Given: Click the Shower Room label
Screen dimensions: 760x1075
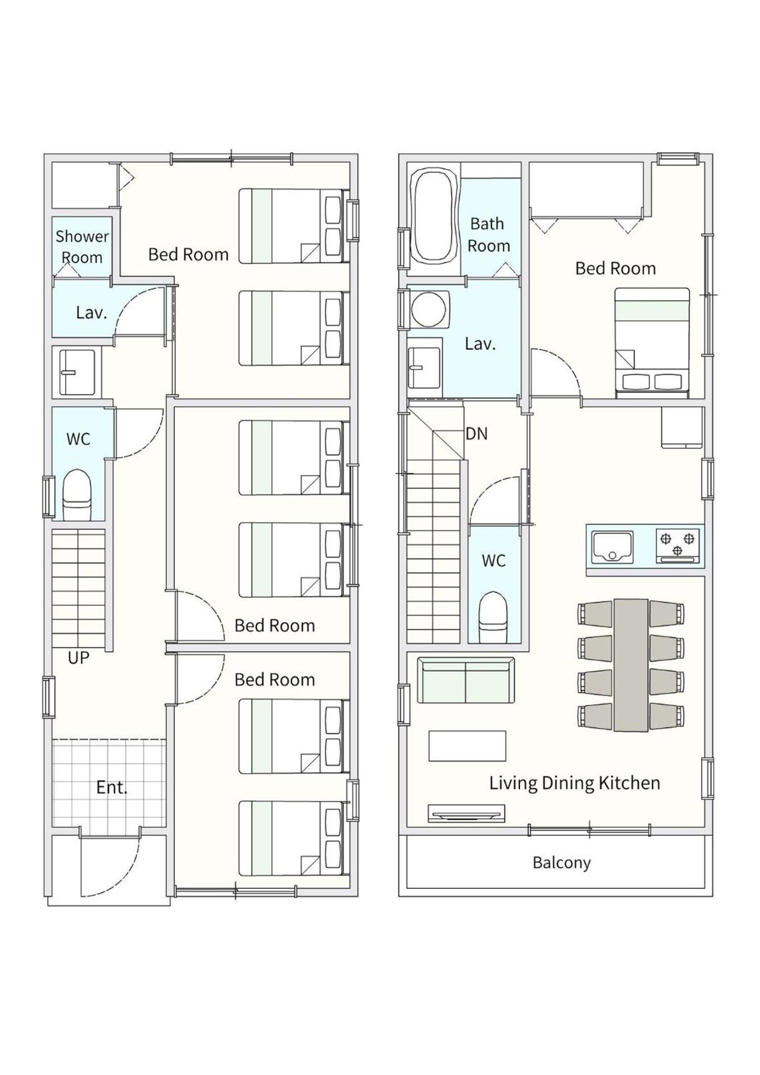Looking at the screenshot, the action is pyautogui.click(x=82, y=247).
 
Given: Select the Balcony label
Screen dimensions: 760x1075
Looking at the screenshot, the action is pyautogui.click(x=562, y=863).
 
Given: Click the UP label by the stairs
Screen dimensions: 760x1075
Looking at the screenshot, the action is pyautogui.click(x=79, y=657).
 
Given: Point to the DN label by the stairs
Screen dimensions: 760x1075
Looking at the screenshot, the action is pyautogui.click(x=477, y=434).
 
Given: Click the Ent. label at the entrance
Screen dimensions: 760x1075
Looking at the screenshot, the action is pyautogui.click(x=112, y=787).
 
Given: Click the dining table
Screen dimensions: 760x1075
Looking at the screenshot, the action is pyautogui.click(x=631, y=665).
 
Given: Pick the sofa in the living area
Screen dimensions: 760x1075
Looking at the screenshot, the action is pyautogui.click(x=466, y=680).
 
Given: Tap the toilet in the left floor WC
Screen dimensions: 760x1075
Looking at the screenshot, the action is pyautogui.click(x=77, y=495).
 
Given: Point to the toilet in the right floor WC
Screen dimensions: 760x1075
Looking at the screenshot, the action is pyautogui.click(x=494, y=618).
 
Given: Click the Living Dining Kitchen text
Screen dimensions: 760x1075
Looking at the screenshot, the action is pyautogui.click(x=575, y=783).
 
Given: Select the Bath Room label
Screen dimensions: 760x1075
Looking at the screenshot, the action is pyautogui.click(x=488, y=235).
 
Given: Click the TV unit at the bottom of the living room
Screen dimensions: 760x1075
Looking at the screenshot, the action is pyautogui.click(x=467, y=813).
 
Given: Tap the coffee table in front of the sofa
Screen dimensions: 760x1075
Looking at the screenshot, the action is pyautogui.click(x=468, y=746).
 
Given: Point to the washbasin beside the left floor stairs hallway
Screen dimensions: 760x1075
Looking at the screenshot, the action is pyautogui.click(x=77, y=372).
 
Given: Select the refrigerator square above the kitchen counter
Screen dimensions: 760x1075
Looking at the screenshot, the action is pyautogui.click(x=682, y=427).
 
